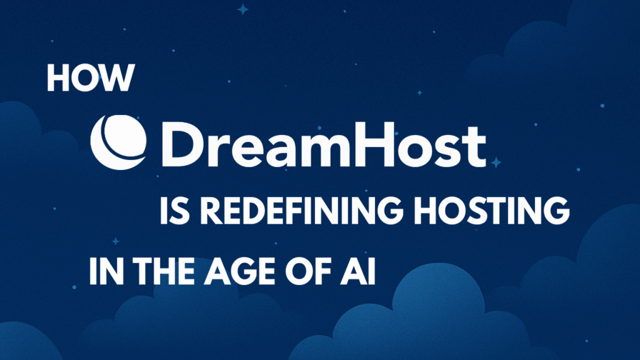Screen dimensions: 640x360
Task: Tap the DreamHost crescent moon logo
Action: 118,142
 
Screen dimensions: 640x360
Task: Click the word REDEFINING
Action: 302,211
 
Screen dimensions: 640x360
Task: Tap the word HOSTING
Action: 492,211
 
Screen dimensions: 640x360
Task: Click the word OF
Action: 307,271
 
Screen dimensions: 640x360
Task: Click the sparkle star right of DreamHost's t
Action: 496,162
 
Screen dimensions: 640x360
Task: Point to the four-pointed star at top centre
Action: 243,9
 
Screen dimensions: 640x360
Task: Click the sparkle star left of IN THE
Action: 116,241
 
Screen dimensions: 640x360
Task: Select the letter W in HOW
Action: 119,77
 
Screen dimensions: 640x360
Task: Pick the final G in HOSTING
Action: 556,211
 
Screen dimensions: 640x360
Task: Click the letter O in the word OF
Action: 299,271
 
